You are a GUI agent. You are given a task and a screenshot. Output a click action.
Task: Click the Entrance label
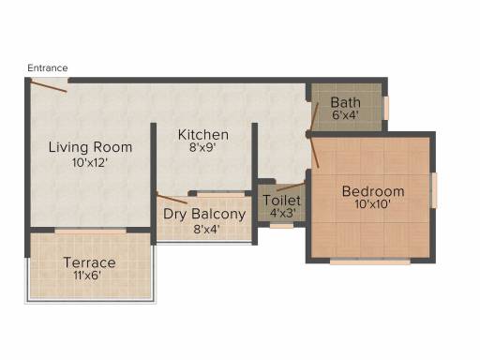click(x=48, y=67)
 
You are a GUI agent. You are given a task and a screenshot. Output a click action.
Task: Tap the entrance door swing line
click(x=49, y=86)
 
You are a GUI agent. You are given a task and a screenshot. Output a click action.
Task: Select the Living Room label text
click(x=90, y=147)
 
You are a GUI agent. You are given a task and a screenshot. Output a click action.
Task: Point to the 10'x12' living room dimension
click(x=90, y=163)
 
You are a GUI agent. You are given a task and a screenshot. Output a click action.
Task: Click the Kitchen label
click(x=203, y=135)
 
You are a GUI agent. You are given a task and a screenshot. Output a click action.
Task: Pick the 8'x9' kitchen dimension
click(x=202, y=147)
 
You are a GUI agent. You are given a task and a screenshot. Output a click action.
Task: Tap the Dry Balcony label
click(x=204, y=215)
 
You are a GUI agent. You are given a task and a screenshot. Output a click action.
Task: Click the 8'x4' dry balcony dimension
click(x=206, y=230)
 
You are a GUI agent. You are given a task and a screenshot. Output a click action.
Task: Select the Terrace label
click(x=90, y=262)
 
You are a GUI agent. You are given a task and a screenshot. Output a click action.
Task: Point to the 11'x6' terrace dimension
click(x=88, y=276)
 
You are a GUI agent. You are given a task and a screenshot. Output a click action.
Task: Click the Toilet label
click(x=281, y=201)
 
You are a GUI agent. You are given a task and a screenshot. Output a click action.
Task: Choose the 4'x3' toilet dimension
click(x=283, y=213)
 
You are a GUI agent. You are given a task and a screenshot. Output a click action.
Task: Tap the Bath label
click(x=345, y=102)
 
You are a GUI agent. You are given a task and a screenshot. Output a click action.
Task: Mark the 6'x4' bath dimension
click(x=345, y=115)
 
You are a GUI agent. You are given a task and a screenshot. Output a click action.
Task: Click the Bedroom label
click(x=373, y=191)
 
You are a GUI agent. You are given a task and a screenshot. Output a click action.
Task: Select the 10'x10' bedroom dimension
click(x=372, y=204)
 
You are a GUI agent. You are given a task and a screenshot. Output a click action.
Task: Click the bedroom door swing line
click(x=314, y=152)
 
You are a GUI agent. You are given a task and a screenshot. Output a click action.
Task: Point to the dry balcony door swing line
click(x=172, y=198)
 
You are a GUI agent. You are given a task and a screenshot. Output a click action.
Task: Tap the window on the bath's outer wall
click(x=386, y=108)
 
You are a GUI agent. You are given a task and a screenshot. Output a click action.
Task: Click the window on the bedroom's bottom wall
click(x=370, y=262)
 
